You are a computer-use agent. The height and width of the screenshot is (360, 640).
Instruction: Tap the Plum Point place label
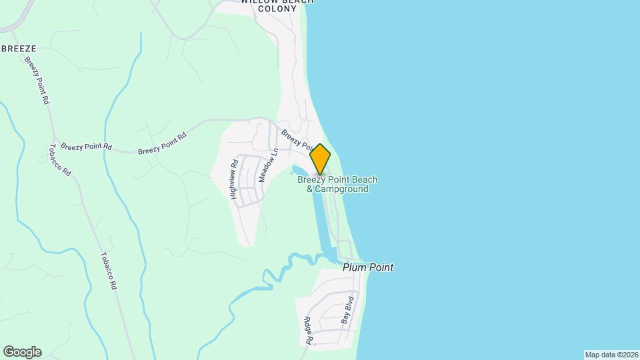pyautogui.click(x=368, y=267)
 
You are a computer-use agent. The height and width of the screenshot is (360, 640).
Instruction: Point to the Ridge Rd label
pyautogui.click(x=309, y=330)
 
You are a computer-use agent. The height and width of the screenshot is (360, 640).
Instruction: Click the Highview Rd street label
pyautogui.click(x=234, y=179)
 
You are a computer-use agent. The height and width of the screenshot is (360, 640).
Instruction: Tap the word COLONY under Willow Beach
pyautogui.click(x=277, y=9)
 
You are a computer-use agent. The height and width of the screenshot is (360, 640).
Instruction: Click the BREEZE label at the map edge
pyautogui.click(x=18, y=49)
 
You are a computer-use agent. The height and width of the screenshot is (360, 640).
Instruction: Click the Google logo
pyautogui.click(x=22, y=352)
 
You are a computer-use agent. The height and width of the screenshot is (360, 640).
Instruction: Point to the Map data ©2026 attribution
pyautogui.click(x=611, y=355)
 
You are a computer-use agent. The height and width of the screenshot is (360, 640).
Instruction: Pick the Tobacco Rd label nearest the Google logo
pyautogui.click(x=109, y=270)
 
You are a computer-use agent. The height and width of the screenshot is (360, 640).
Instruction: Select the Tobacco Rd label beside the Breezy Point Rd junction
pyautogui.click(x=60, y=160)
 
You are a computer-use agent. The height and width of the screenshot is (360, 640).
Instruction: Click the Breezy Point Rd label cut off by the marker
pyautogui.click(x=296, y=139)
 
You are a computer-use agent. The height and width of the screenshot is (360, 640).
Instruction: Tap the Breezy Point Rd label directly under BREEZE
pyautogui.click(x=37, y=79)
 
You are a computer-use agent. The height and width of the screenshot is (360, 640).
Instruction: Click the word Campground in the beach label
pyautogui.click(x=341, y=189)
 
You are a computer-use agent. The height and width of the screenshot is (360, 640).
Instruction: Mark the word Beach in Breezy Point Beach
pyautogui.click(x=364, y=179)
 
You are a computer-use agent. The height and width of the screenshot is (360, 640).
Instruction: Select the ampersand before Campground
pyautogui.click(x=310, y=189)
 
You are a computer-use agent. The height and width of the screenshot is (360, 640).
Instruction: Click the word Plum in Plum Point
pyautogui.click(x=354, y=267)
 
